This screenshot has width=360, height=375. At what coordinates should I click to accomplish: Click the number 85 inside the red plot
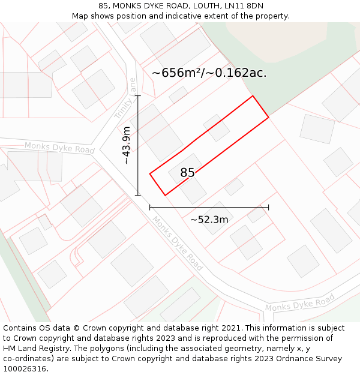tap(187, 173)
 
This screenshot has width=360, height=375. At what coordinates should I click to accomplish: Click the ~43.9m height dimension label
tap(127, 145)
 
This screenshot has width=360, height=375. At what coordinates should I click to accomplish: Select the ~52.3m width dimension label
tap(209, 220)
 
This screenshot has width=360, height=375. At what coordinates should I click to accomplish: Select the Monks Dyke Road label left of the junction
tap(59, 147)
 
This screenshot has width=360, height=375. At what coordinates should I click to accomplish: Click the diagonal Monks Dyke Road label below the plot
tap(177, 242)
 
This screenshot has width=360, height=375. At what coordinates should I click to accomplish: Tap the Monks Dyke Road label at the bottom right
tap(299, 303)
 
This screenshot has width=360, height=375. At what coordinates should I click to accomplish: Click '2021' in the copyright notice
tap(231, 328)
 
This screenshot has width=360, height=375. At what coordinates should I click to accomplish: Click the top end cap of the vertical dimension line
tap(138, 95)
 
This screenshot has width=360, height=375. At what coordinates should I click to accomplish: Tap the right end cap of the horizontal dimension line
tap(268, 207)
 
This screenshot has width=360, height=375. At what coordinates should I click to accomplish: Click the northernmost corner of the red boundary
tap(253, 95)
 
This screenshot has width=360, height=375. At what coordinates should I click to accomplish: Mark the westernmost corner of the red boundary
tap(150, 174)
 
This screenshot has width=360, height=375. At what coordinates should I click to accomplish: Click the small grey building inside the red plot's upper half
tap(216, 128)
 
